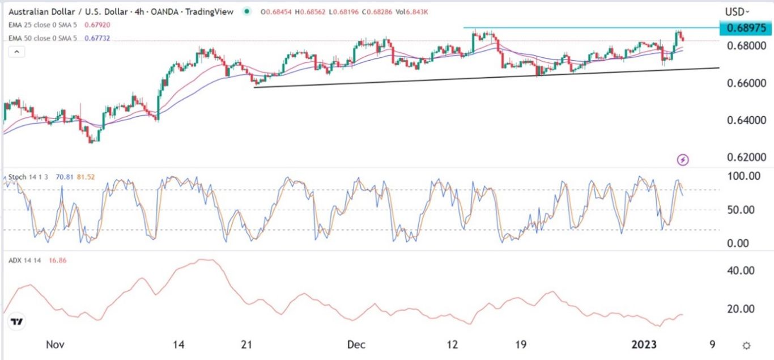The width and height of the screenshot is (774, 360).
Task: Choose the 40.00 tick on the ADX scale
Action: tap(740, 271)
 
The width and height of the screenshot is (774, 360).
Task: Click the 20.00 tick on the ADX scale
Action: tap(740, 309)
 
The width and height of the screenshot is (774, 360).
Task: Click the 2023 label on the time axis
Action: tap(644, 345)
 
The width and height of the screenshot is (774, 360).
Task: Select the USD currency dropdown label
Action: tap(737, 11)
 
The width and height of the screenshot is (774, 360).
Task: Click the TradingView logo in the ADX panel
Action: tap(18, 322)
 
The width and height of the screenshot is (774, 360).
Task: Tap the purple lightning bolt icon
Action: tap(683, 160)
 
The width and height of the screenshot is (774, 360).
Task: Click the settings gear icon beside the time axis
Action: tap(747, 345)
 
